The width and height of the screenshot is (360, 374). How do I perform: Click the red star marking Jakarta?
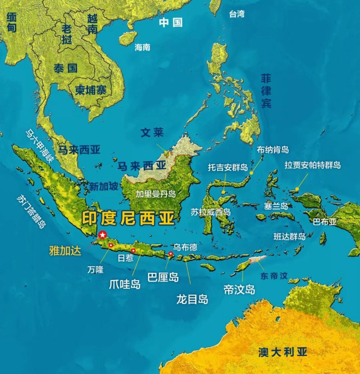pyautogui.click(x=103, y=235)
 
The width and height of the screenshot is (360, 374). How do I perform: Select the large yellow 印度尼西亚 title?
pyautogui.click(x=128, y=218)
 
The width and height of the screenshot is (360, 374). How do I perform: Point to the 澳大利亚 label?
pyautogui.click(x=283, y=352)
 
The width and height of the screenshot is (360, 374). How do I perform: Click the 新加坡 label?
pyautogui.click(x=104, y=186)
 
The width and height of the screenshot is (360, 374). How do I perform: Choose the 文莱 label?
pyautogui.click(x=152, y=133)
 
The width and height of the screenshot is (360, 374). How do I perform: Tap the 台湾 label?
pyautogui.click(x=237, y=14)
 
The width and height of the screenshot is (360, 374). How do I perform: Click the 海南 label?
pyautogui.click(x=142, y=47)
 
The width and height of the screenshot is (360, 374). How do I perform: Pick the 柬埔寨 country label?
pyautogui.click(x=91, y=90)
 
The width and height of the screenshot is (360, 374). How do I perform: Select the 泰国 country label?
pyautogui.click(x=66, y=68)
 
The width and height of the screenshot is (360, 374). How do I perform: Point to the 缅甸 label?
pyautogui.click(x=12, y=23)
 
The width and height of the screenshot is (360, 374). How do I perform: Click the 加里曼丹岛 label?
pyautogui.click(x=156, y=194)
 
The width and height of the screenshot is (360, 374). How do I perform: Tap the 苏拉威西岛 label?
pyautogui.click(x=211, y=212)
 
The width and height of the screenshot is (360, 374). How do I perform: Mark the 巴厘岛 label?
pyautogui.click(x=163, y=277)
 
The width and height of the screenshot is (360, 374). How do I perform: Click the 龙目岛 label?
pyautogui.click(x=192, y=299)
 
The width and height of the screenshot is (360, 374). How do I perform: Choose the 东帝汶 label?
pyautogui.click(x=274, y=276)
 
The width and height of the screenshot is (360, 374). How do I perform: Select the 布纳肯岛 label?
pyautogui.click(x=273, y=150)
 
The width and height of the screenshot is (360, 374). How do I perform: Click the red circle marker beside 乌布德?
pyautogui.click(x=171, y=254)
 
